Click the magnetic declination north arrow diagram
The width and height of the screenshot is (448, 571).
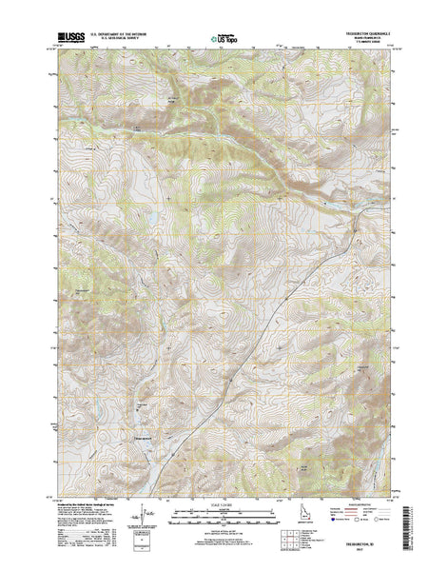point(143,528)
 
